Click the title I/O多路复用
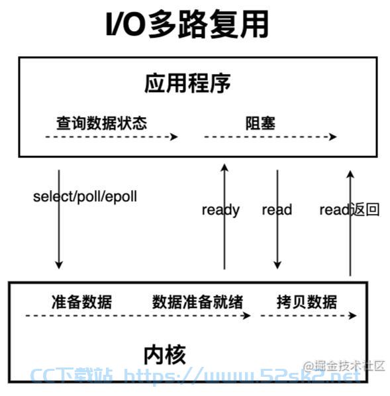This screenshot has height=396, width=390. pyautogui.click(x=187, y=25)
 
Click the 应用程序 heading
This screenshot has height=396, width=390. pyautogui.click(x=187, y=83)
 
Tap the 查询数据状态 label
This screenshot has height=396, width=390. pyautogui.click(x=101, y=123)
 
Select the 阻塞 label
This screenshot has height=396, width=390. pyautogui.click(x=260, y=123)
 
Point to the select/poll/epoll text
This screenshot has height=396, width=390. pyautogui.click(x=85, y=197)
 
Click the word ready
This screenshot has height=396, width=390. pyautogui.click(x=220, y=211)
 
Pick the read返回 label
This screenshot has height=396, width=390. pyautogui.click(x=350, y=210)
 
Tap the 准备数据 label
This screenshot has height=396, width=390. pyautogui.click(x=81, y=302)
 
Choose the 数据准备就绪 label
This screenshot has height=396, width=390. pyautogui.click(x=197, y=302)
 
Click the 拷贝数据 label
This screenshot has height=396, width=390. pyautogui.click(x=307, y=302)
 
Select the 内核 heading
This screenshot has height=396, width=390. pyautogui.click(x=165, y=355)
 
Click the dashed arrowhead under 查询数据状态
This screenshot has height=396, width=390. pyautogui.click(x=174, y=137)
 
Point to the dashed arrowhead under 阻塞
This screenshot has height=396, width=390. pyautogui.click(x=332, y=137)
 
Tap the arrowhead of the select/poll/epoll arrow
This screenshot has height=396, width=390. pyautogui.click(x=59, y=265)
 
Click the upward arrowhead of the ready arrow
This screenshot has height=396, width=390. pyautogui.click(x=224, y=168)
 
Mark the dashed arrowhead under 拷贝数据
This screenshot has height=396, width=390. pyautogui.click(x=353, y=315)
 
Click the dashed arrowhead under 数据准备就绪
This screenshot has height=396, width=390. pyautogui.click(x=246, y=315)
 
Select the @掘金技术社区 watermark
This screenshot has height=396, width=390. pyautogui.click(x=344, y=366)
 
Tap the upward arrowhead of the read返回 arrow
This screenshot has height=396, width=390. pyautogui.click(x=350, y=174)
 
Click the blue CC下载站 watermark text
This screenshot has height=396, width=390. pyautogui.click(x=72, y=375)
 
